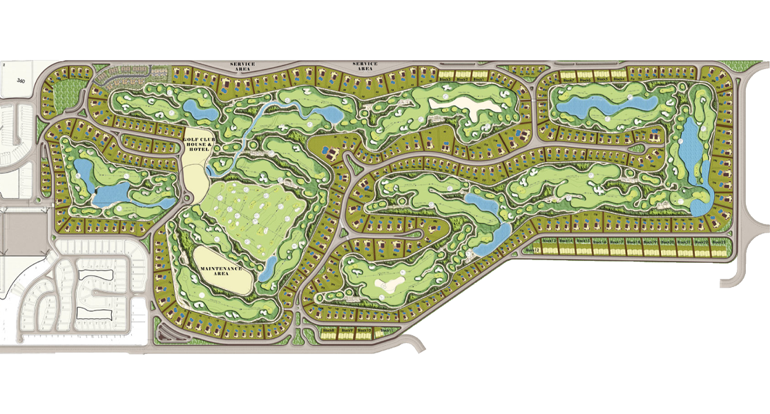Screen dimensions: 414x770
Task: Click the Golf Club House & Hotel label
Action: pyautogui.click(x=195, y=143)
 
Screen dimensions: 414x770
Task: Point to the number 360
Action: pyautogui.click(x=21, y=81)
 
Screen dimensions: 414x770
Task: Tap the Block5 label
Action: pyautogui.click(x=602, y=80)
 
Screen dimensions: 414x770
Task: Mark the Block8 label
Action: pyautogui.click(x=329, y=331)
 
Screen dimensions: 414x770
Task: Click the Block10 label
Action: pyautogui.click(x=365, y=331)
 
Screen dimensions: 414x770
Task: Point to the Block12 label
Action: pyautogui.click(x=530, y=250)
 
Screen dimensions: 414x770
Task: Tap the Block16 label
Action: pyautogui.click(x=599, y=242)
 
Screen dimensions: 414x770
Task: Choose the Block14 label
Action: pyautogui.click(x=566, y=241)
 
